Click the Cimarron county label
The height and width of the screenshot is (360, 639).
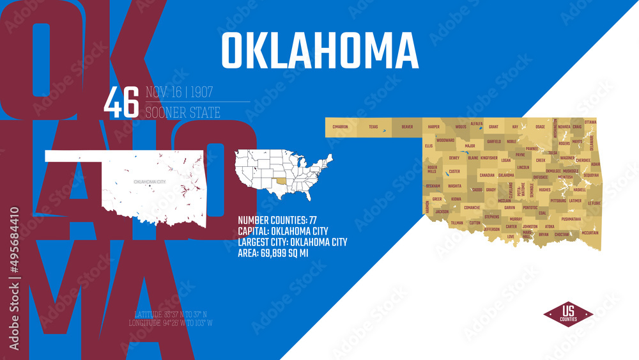(340, 127)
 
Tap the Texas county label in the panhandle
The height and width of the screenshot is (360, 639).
(373, 127)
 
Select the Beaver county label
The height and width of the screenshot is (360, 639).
(407, 127)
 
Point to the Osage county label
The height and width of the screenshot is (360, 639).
(540, 127)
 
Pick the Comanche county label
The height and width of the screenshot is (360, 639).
(472, 207)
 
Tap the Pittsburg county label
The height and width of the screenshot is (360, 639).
(558, 200)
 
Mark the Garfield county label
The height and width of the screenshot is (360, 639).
(494, 141)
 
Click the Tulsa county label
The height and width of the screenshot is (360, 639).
(553, 153)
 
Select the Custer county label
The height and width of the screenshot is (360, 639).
(454, 171)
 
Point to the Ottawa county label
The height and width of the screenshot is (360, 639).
(590, 121)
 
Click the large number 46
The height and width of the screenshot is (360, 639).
(121, 102)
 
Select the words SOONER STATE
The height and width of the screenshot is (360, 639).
(183, 113)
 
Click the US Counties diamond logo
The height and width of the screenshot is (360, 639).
(568, 314)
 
